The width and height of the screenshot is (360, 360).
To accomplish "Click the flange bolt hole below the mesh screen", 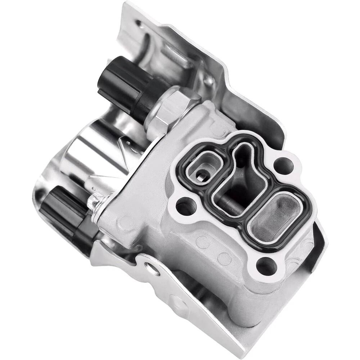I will point(267,266).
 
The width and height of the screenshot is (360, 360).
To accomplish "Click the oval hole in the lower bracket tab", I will point(152,268).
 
